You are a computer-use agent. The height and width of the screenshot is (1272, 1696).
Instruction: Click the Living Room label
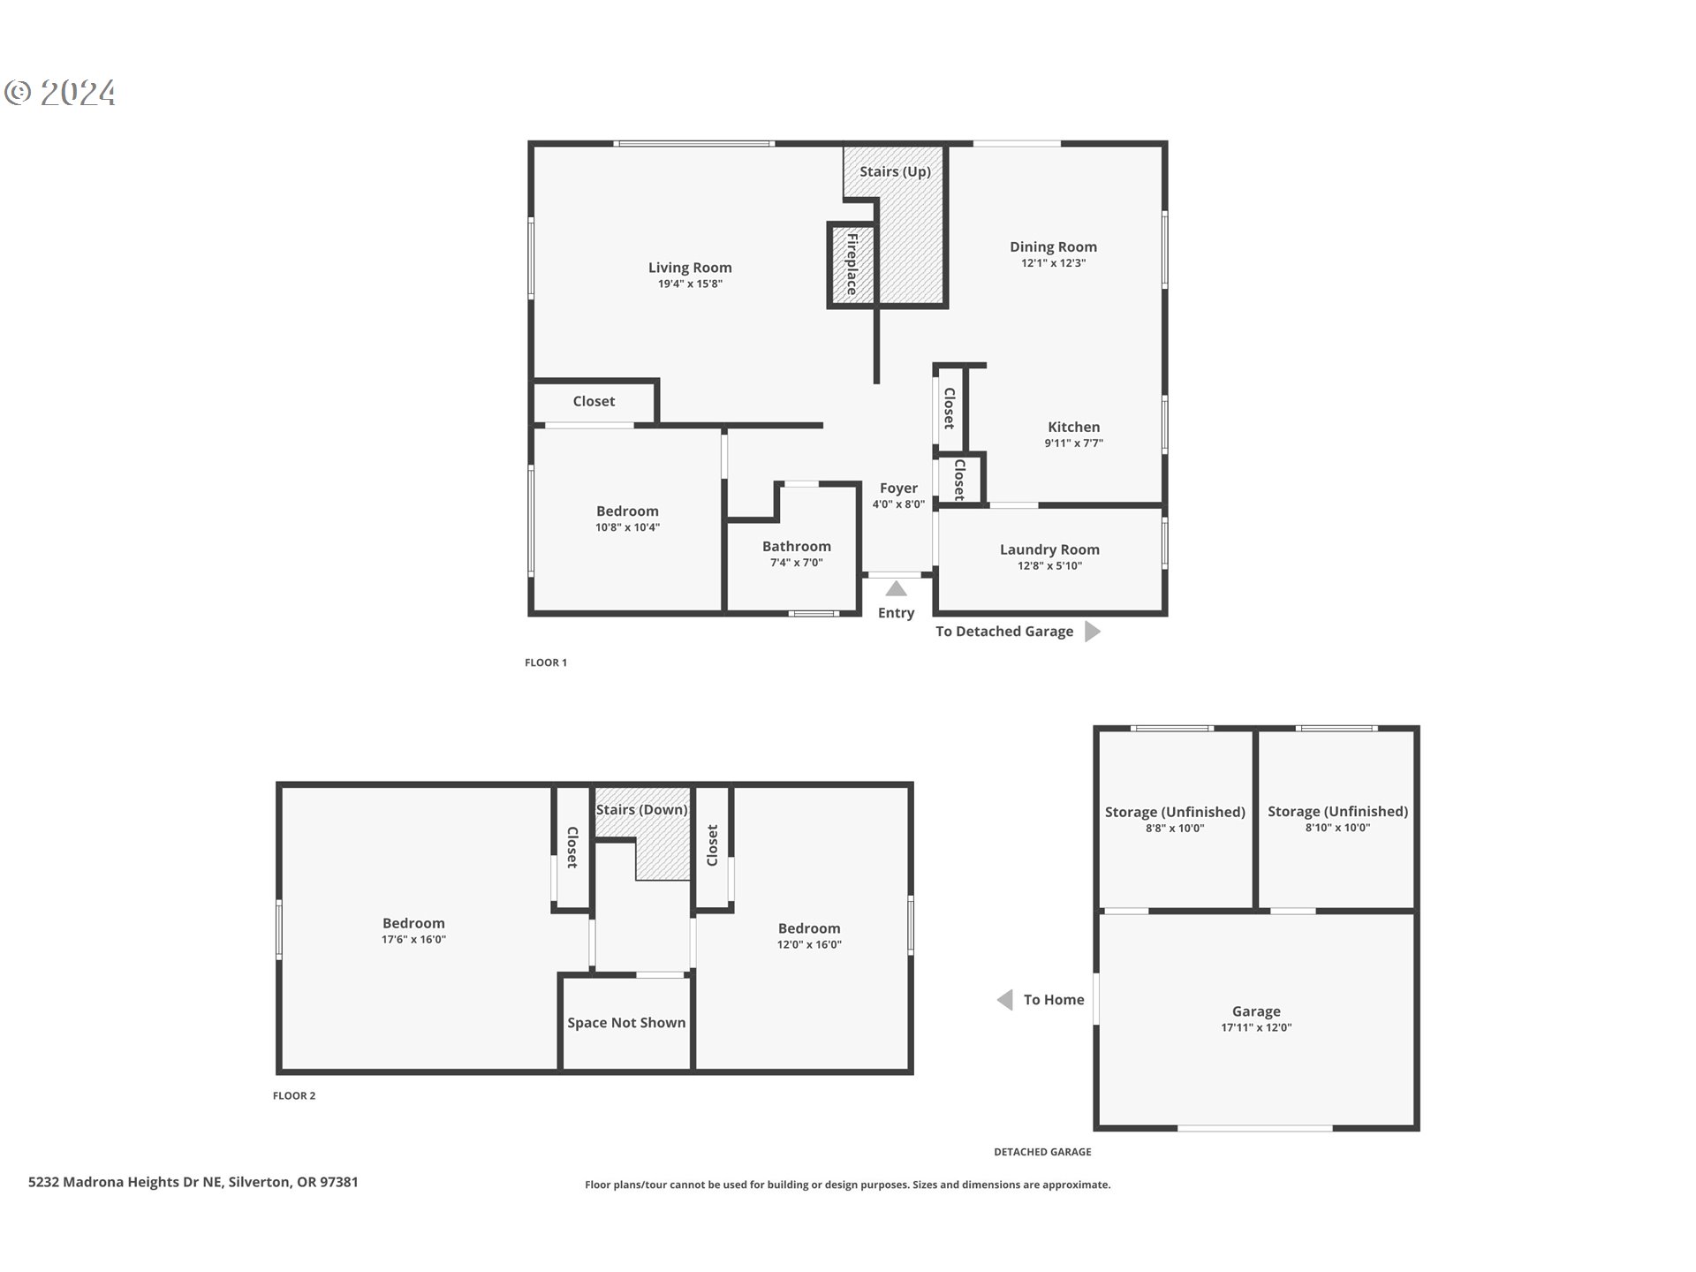[690, 268]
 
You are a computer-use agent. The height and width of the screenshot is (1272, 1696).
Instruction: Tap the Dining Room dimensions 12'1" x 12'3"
[1053, 263]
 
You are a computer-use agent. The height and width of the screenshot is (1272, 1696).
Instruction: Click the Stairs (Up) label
[895, 171]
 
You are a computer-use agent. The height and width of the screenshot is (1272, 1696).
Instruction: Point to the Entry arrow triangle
[896, 589]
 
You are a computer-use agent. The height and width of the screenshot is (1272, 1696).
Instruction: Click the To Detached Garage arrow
[1092, 632]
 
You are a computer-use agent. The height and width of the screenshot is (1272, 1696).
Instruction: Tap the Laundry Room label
[1049, 549]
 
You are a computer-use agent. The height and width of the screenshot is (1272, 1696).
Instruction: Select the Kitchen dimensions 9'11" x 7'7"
[1073, 443]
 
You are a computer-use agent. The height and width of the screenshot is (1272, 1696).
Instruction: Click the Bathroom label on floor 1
[796, 547]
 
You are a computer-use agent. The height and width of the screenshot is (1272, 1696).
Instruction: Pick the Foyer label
[898, 488]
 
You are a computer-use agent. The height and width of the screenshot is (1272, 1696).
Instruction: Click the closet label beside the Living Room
[594, 402]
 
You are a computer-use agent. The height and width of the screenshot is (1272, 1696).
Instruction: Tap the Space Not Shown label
[626, 1023]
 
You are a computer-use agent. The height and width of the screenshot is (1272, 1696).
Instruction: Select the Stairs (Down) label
[641, 810]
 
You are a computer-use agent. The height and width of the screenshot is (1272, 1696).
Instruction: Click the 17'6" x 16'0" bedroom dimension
[413, 940]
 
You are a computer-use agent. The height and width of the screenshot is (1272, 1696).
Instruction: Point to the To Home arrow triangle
[1004, 1000]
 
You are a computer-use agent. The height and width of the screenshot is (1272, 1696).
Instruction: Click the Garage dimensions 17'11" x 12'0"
[1256, 1028]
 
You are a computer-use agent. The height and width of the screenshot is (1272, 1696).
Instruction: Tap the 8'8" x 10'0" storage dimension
[1175, 829]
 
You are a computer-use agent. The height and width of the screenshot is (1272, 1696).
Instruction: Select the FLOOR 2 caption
[294, 1096]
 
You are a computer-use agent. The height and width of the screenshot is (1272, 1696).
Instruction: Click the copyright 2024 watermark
[60, 93]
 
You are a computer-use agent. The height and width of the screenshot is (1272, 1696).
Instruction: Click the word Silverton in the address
[259, 1183]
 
